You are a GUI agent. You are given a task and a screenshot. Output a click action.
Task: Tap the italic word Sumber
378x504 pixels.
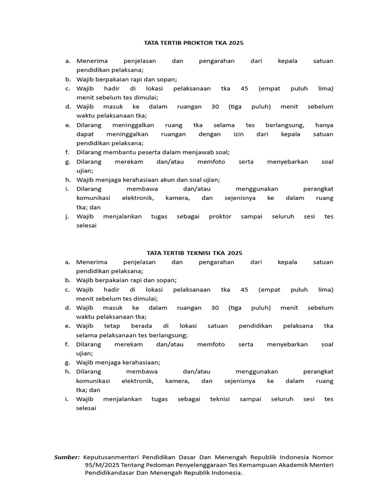point(67,457)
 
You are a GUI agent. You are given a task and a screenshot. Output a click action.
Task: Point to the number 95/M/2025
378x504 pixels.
point(99,465)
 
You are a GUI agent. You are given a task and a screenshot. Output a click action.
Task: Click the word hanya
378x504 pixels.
point(324,125)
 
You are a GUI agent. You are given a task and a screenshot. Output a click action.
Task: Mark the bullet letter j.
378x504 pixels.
point(67,217)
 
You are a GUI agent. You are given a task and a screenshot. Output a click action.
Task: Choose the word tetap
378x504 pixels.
point(112,326)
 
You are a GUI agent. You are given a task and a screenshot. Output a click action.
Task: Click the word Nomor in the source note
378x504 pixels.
point(323,457)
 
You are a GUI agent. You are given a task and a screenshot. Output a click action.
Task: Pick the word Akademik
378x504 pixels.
point(291,465)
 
